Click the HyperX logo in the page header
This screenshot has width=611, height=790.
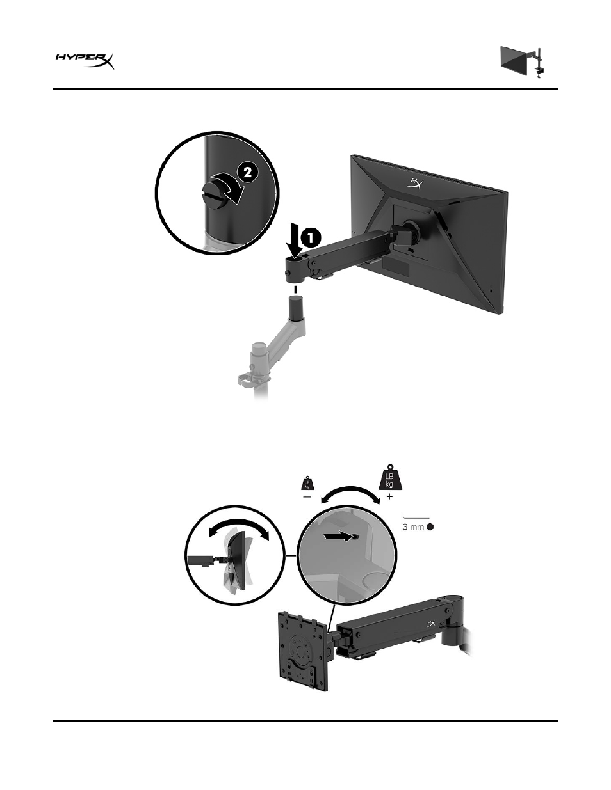tap(85, 61)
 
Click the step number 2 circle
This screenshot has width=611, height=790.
tap(248, 172)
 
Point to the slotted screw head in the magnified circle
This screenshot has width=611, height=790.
tap(211, 196)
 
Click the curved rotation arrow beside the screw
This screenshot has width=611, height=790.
tap(230, 188)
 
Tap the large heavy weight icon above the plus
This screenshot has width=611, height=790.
tap(390, 477)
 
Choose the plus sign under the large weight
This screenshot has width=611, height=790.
tap(390, 496)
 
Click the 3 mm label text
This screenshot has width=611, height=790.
tap(413, 527)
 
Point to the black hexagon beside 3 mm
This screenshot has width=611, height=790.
tap(430, 527)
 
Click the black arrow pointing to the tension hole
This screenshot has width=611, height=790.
tap(341, 537)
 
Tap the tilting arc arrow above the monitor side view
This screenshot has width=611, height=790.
tap(239, 525)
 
